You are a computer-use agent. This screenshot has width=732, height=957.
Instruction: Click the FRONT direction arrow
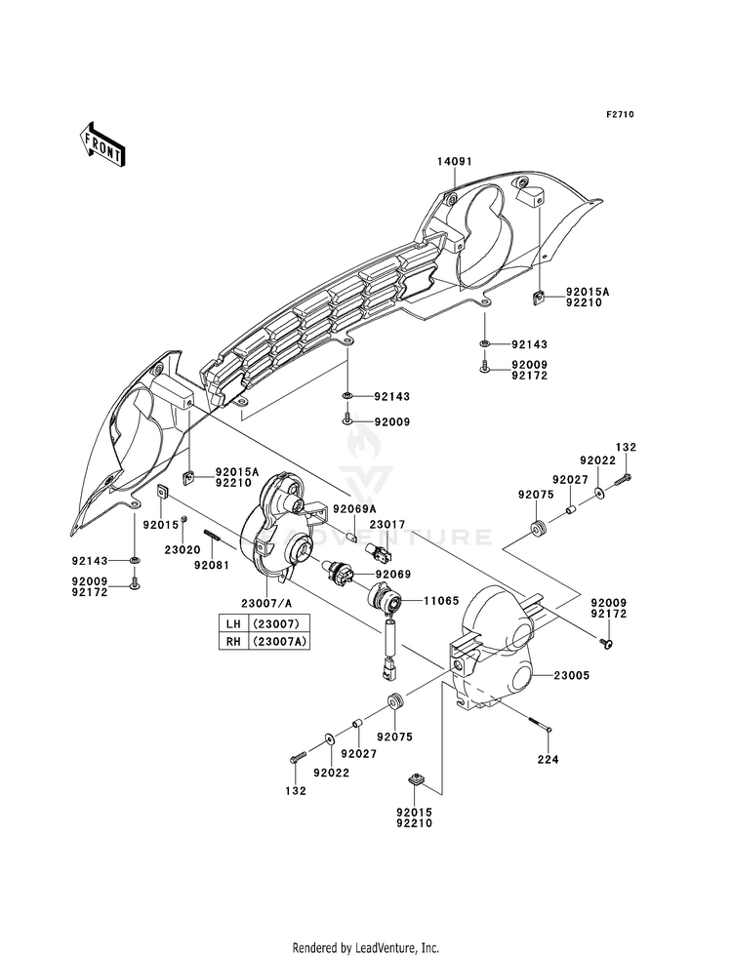[x=102, y=143]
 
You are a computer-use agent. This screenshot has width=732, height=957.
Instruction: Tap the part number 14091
[x=454, y=161]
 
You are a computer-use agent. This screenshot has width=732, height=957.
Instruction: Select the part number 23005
[x=571, y=676]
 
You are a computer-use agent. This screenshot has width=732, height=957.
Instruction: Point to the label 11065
[x=441, y=601]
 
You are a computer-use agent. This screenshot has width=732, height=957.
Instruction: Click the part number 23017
[x=387, y=524]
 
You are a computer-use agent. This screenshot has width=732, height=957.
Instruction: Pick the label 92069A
[x=354, y=509]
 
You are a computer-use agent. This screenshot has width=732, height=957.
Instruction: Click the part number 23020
[x=182, y=549]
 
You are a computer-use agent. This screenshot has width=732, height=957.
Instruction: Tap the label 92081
[x=211, y=565]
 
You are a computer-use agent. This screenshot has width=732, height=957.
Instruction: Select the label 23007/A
[x=266, y=603]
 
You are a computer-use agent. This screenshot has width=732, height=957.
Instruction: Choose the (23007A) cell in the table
[x=279, y=642]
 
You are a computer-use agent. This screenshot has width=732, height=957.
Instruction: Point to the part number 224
[x=548, y=760]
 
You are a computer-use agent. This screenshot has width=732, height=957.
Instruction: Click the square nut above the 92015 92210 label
[x=415, y=779]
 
